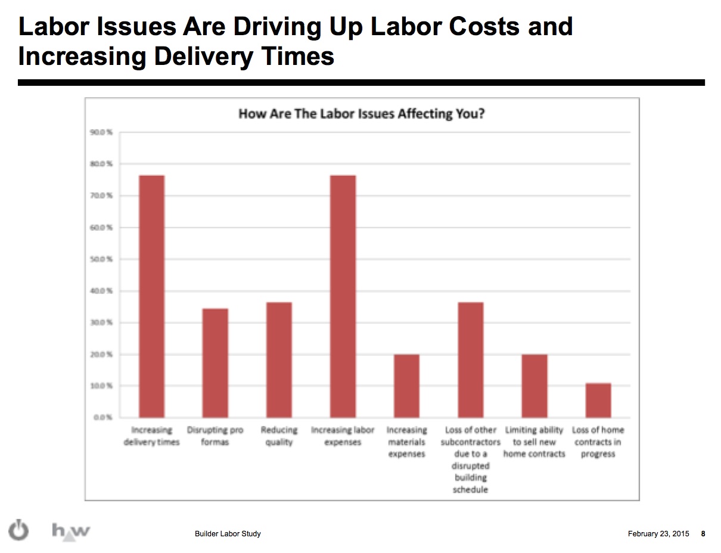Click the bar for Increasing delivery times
[x=151, y=296]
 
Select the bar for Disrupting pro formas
[x=215, y=362]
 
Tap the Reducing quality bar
[x=279, y=359]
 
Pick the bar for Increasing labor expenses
[x=343, y=296]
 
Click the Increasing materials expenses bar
[x=406, y=386]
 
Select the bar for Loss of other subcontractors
[x=470, y=359]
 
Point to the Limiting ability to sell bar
[x=534, y=386]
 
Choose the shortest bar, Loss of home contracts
[x=598, y=400]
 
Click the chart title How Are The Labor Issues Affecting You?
[x=361, y=113]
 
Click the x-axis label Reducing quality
[x=279, y=436]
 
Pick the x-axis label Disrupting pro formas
[x=215, y=436]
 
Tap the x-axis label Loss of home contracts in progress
[x=598, y=442]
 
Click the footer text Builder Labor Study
[x=228, y=534]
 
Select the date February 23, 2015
[x=658, y=534]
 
